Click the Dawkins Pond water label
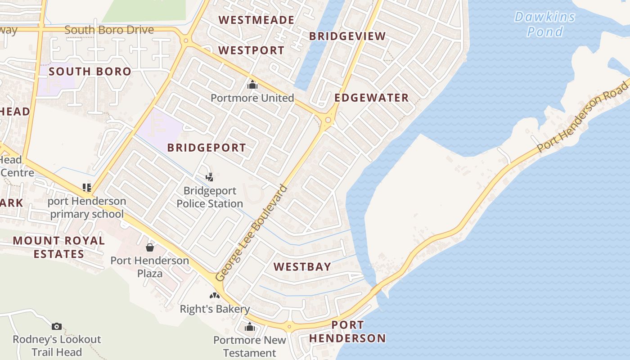(x=545, y=24)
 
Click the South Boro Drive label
(x=109, y=30)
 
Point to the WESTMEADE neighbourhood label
(x=256, y=20)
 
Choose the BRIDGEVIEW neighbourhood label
(x=347, y=36)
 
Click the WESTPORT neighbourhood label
(x=252, y=50)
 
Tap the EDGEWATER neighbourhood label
(x=372, y=98)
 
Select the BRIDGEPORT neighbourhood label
(x=207, y=148)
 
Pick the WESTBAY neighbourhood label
(x=302, y=267)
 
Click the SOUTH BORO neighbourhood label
(x=90, y=71)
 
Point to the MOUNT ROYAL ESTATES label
(x=59, y=247)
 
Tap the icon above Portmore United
(x=252, y=85)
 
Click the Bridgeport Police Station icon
(x=209, y=177)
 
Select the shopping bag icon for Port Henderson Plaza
(x=150, y=247)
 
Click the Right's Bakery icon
(x=214, y=296)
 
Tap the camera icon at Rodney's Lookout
(x=57, y=326)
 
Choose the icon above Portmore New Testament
(x=250, y=327)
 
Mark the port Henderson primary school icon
(x=87, y=187)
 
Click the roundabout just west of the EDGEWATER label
(x=328, y=120)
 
